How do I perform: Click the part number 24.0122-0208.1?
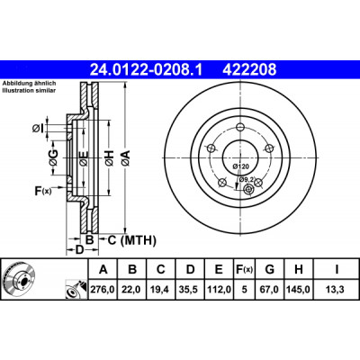point(147,69)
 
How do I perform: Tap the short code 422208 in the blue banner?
point(249,69)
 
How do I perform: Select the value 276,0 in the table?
point(103,290)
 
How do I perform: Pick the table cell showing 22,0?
point(132,290)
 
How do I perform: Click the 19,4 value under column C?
point(161,290)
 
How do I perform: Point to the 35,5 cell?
point(190,290)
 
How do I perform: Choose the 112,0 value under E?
point(219,290)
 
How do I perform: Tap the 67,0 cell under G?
point(269,290)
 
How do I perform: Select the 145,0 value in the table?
point(299,290)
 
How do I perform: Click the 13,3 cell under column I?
point(336,290)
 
